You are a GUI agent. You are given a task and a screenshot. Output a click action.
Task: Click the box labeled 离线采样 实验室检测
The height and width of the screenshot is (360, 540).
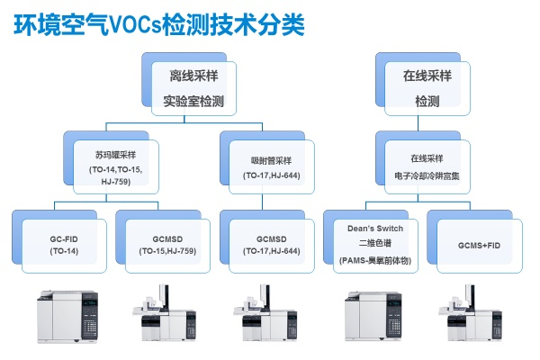coord(190,85)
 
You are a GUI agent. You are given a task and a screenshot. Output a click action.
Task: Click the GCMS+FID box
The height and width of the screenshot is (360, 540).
coord(477,243)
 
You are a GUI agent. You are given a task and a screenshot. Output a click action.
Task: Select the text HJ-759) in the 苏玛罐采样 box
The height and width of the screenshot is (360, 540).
coord(118,182)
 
